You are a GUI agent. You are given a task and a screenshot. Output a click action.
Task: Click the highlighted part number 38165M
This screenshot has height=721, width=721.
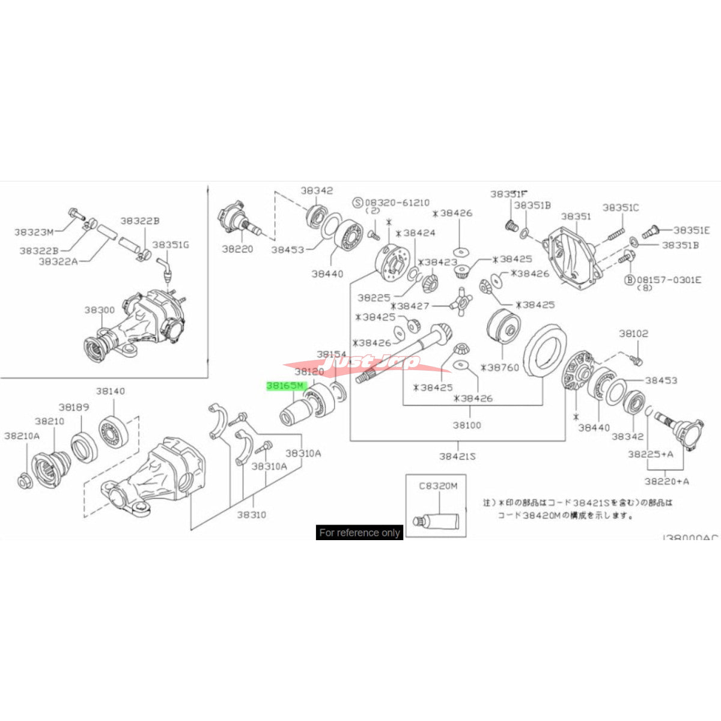[287, 386]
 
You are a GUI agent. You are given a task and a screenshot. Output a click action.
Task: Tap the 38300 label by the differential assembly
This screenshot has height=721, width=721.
[99, 310]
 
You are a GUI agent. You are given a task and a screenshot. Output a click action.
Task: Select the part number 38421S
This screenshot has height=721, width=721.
[457, 456]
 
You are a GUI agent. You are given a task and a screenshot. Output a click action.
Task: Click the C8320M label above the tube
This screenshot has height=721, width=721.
[438, 485]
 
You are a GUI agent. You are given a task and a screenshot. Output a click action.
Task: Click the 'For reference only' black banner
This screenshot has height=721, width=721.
[359, 532]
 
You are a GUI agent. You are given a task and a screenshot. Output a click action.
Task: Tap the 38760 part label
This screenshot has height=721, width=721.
[499, 367]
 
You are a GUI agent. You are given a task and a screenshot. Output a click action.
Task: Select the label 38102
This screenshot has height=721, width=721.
[634, 333]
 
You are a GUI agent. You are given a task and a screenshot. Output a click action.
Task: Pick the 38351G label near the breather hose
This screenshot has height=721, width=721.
[171, 245]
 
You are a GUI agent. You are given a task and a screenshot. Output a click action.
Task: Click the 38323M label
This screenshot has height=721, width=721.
[34, 231]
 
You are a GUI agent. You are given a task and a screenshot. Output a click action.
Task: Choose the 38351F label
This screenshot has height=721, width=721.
[508, 193]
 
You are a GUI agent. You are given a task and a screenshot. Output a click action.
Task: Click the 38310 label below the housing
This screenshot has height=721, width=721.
[251, 514]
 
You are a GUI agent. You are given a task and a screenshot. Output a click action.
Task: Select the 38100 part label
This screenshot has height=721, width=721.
[467, 425]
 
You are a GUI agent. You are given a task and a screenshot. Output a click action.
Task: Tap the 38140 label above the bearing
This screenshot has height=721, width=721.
[110, 391]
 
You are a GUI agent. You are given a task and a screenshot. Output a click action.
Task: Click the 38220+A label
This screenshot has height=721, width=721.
[667, 481]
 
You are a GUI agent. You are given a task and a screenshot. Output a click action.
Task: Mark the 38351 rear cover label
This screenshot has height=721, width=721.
[576, 216]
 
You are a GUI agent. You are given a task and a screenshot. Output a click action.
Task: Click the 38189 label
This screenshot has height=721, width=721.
[73, 407]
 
